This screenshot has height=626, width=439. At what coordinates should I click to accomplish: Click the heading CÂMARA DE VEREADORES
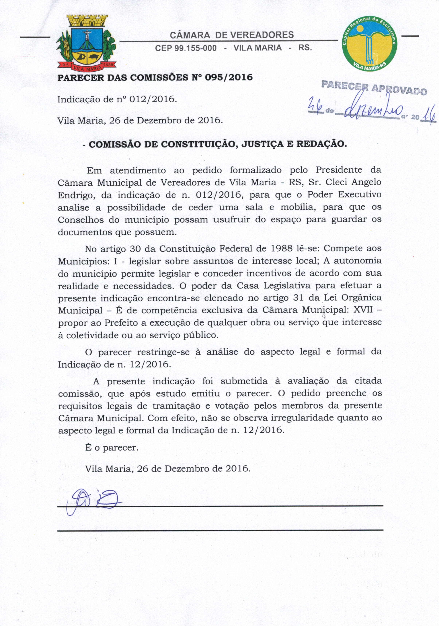(x=232, y=35)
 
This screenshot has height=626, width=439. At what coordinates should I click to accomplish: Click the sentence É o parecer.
(x=112, y=448)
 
